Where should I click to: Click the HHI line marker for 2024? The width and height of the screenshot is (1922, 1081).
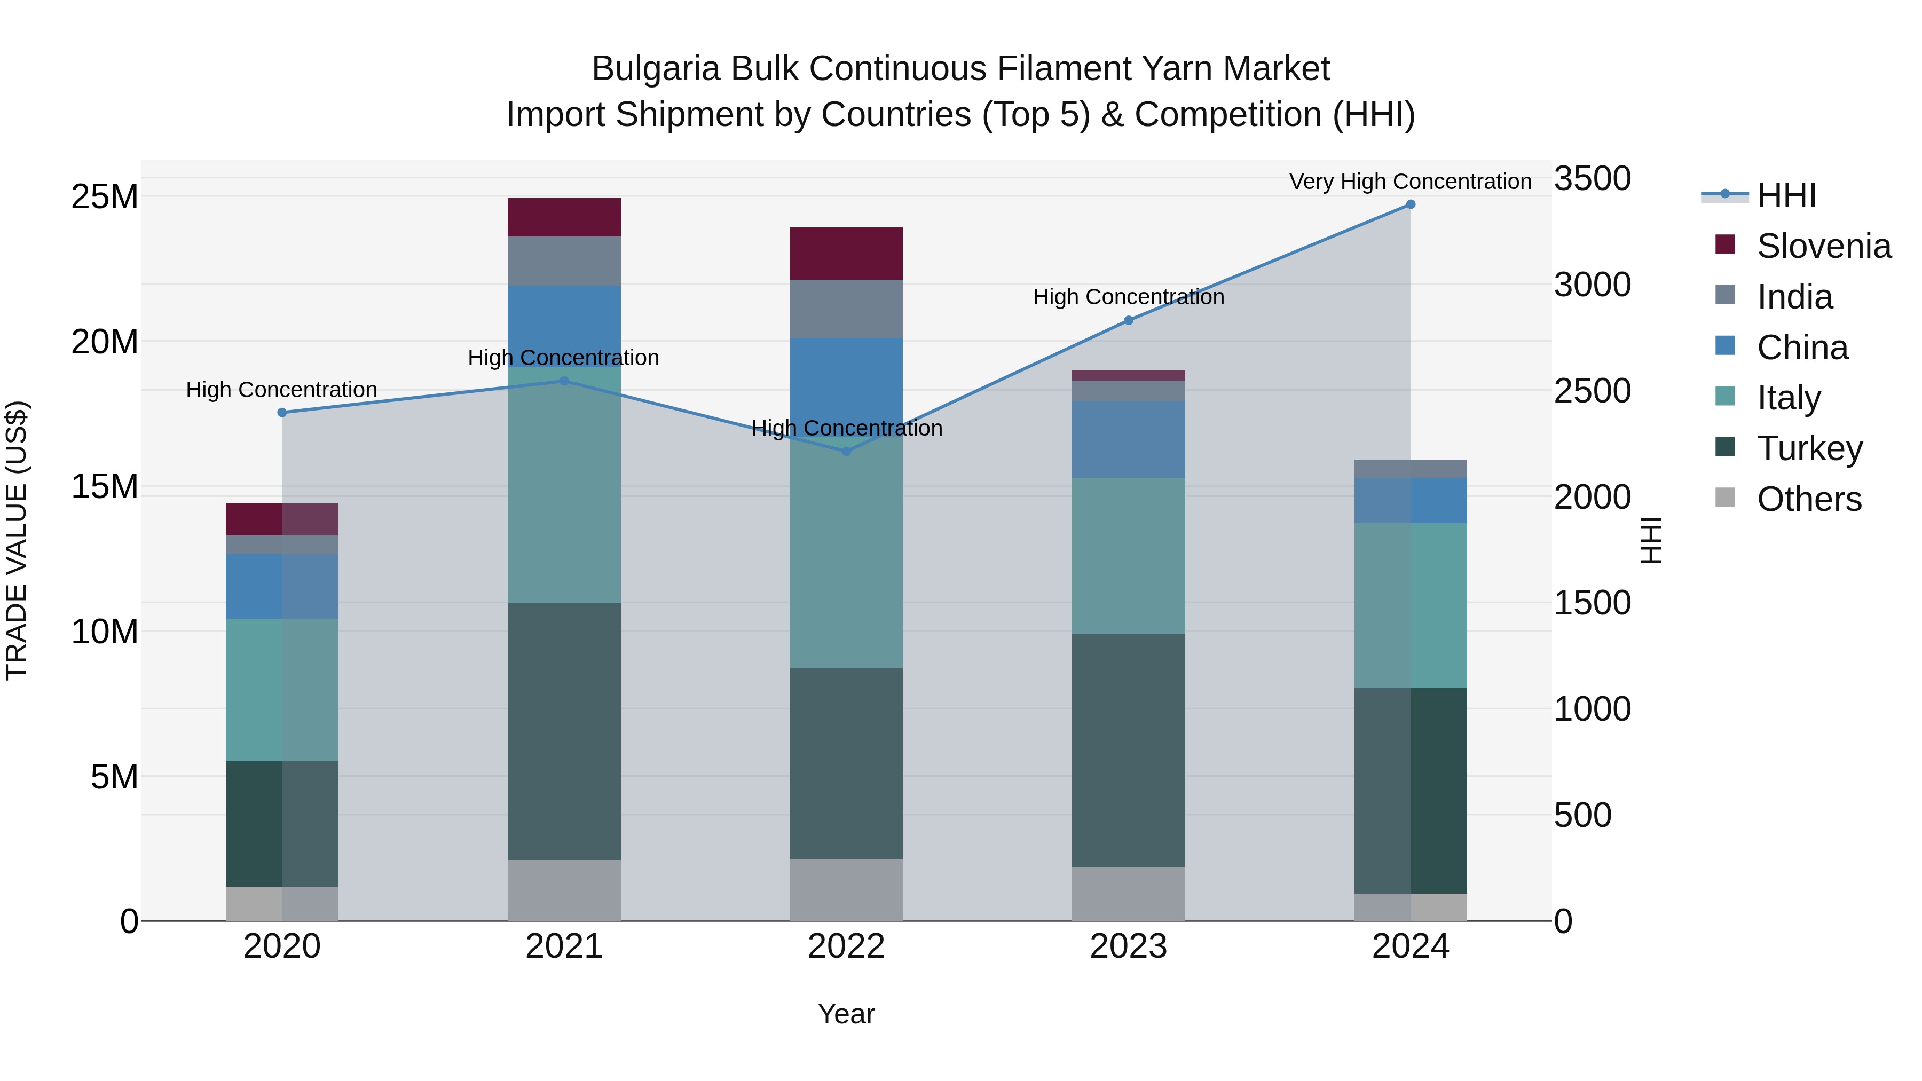point(1410,204)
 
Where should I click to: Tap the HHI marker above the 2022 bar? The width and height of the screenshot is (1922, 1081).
point(846,451)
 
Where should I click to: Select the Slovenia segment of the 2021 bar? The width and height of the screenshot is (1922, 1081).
point(564,217)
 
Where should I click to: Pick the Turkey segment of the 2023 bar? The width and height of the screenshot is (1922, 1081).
point(1128,750)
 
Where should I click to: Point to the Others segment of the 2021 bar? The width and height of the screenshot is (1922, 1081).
point(564,890)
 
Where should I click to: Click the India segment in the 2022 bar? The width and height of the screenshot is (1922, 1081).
point(846,309)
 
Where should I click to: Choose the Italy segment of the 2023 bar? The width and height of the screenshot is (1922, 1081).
point(1128,556)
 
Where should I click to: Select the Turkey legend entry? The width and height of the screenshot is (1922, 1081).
point(1809,448)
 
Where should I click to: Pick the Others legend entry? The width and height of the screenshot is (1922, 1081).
point(1809,499)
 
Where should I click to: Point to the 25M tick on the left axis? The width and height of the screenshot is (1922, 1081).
point(105,197)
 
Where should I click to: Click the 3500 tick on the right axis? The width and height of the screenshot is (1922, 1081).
point(1592,179)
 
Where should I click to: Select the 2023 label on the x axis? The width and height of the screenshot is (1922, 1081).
point(1128,946)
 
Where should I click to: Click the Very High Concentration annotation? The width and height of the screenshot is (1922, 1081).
point(1410,182)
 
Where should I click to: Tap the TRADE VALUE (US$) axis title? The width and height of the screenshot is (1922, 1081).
point(17,540)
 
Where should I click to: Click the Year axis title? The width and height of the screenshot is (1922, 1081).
point(846,1014)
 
